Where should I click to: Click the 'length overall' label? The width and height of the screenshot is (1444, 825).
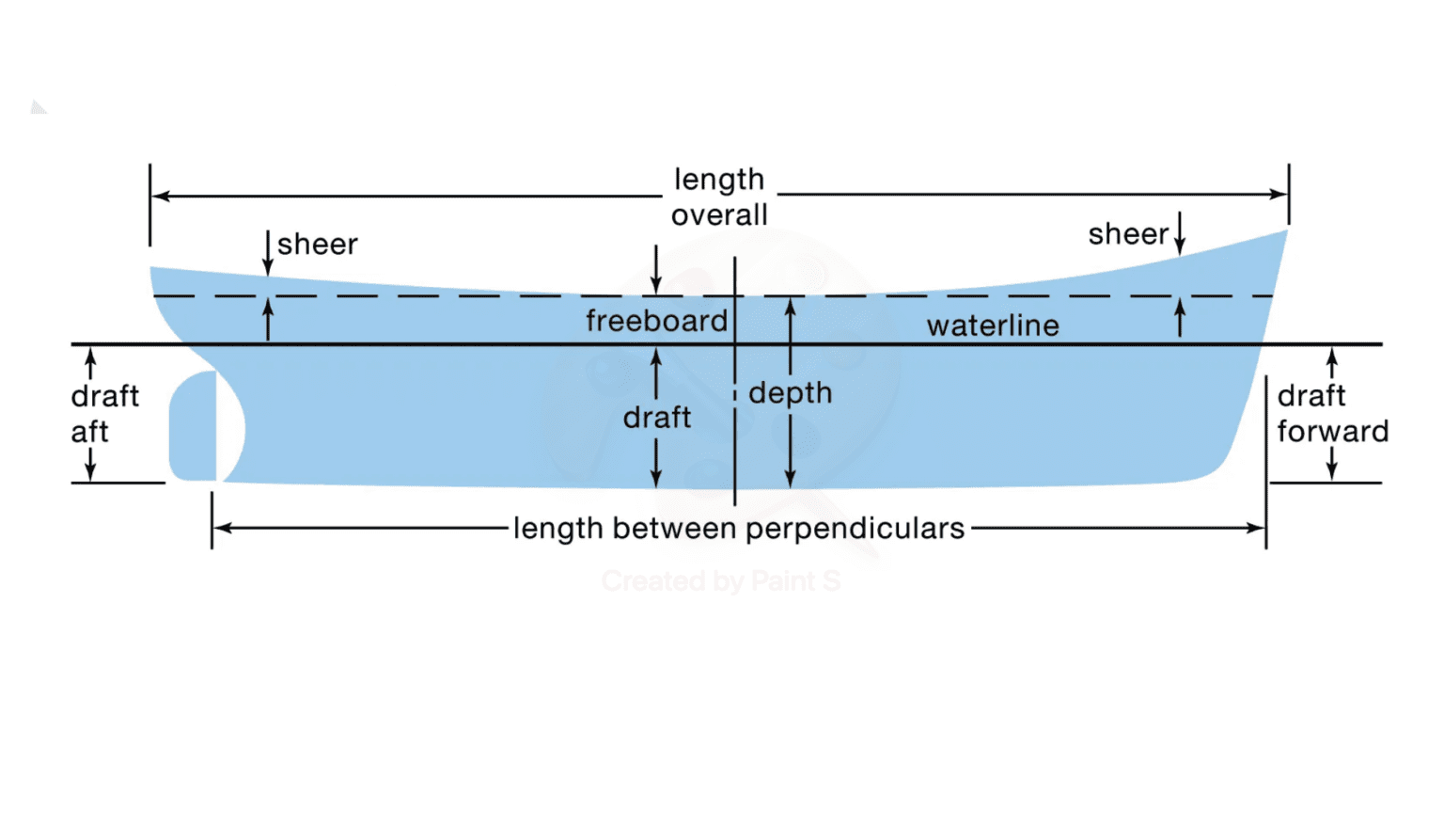(719, 198)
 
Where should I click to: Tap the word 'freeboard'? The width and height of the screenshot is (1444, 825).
(656, 321)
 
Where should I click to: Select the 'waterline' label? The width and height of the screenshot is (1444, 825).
(993, 325)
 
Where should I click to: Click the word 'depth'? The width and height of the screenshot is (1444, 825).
(791, 392)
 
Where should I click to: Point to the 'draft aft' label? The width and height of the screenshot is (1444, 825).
(103, 413)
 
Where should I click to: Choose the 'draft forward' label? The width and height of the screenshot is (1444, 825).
(1331, 413)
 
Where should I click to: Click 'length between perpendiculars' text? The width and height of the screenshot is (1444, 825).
(739, 529)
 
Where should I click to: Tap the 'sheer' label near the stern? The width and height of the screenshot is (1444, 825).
(317, 245)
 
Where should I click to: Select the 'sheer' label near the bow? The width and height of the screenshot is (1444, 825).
(1128, 234)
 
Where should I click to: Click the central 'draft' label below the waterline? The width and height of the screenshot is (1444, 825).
(656, 417)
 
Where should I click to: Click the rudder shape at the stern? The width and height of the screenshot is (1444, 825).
(193, 426)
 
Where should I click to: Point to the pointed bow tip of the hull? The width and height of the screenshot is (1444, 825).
(1284, 232)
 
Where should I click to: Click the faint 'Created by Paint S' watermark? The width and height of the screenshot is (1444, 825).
(721, 581)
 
